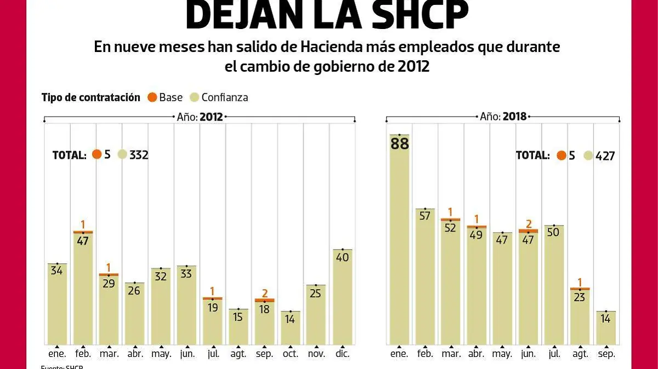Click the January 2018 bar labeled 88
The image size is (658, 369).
(399, 241)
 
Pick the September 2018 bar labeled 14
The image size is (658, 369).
(606, 328)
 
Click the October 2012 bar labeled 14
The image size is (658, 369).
(290, 328)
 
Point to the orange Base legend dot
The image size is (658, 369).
(152, 97)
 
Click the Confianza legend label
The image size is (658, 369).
(224, 97)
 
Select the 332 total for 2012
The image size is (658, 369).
(139, 155)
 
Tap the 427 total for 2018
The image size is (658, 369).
(605, 155)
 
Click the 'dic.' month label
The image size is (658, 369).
(342, 354)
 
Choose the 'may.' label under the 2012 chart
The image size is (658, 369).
(161, 354)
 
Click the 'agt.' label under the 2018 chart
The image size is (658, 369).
(580, 354)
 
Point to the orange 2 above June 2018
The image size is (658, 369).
(529, 223)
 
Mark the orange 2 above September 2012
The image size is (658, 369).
(264, 293)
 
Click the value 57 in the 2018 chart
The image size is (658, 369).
(425, 215)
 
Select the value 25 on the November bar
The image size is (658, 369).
(316, 293)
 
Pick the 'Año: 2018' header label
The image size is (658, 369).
(503, 117)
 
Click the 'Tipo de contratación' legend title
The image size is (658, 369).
(90, 97)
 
